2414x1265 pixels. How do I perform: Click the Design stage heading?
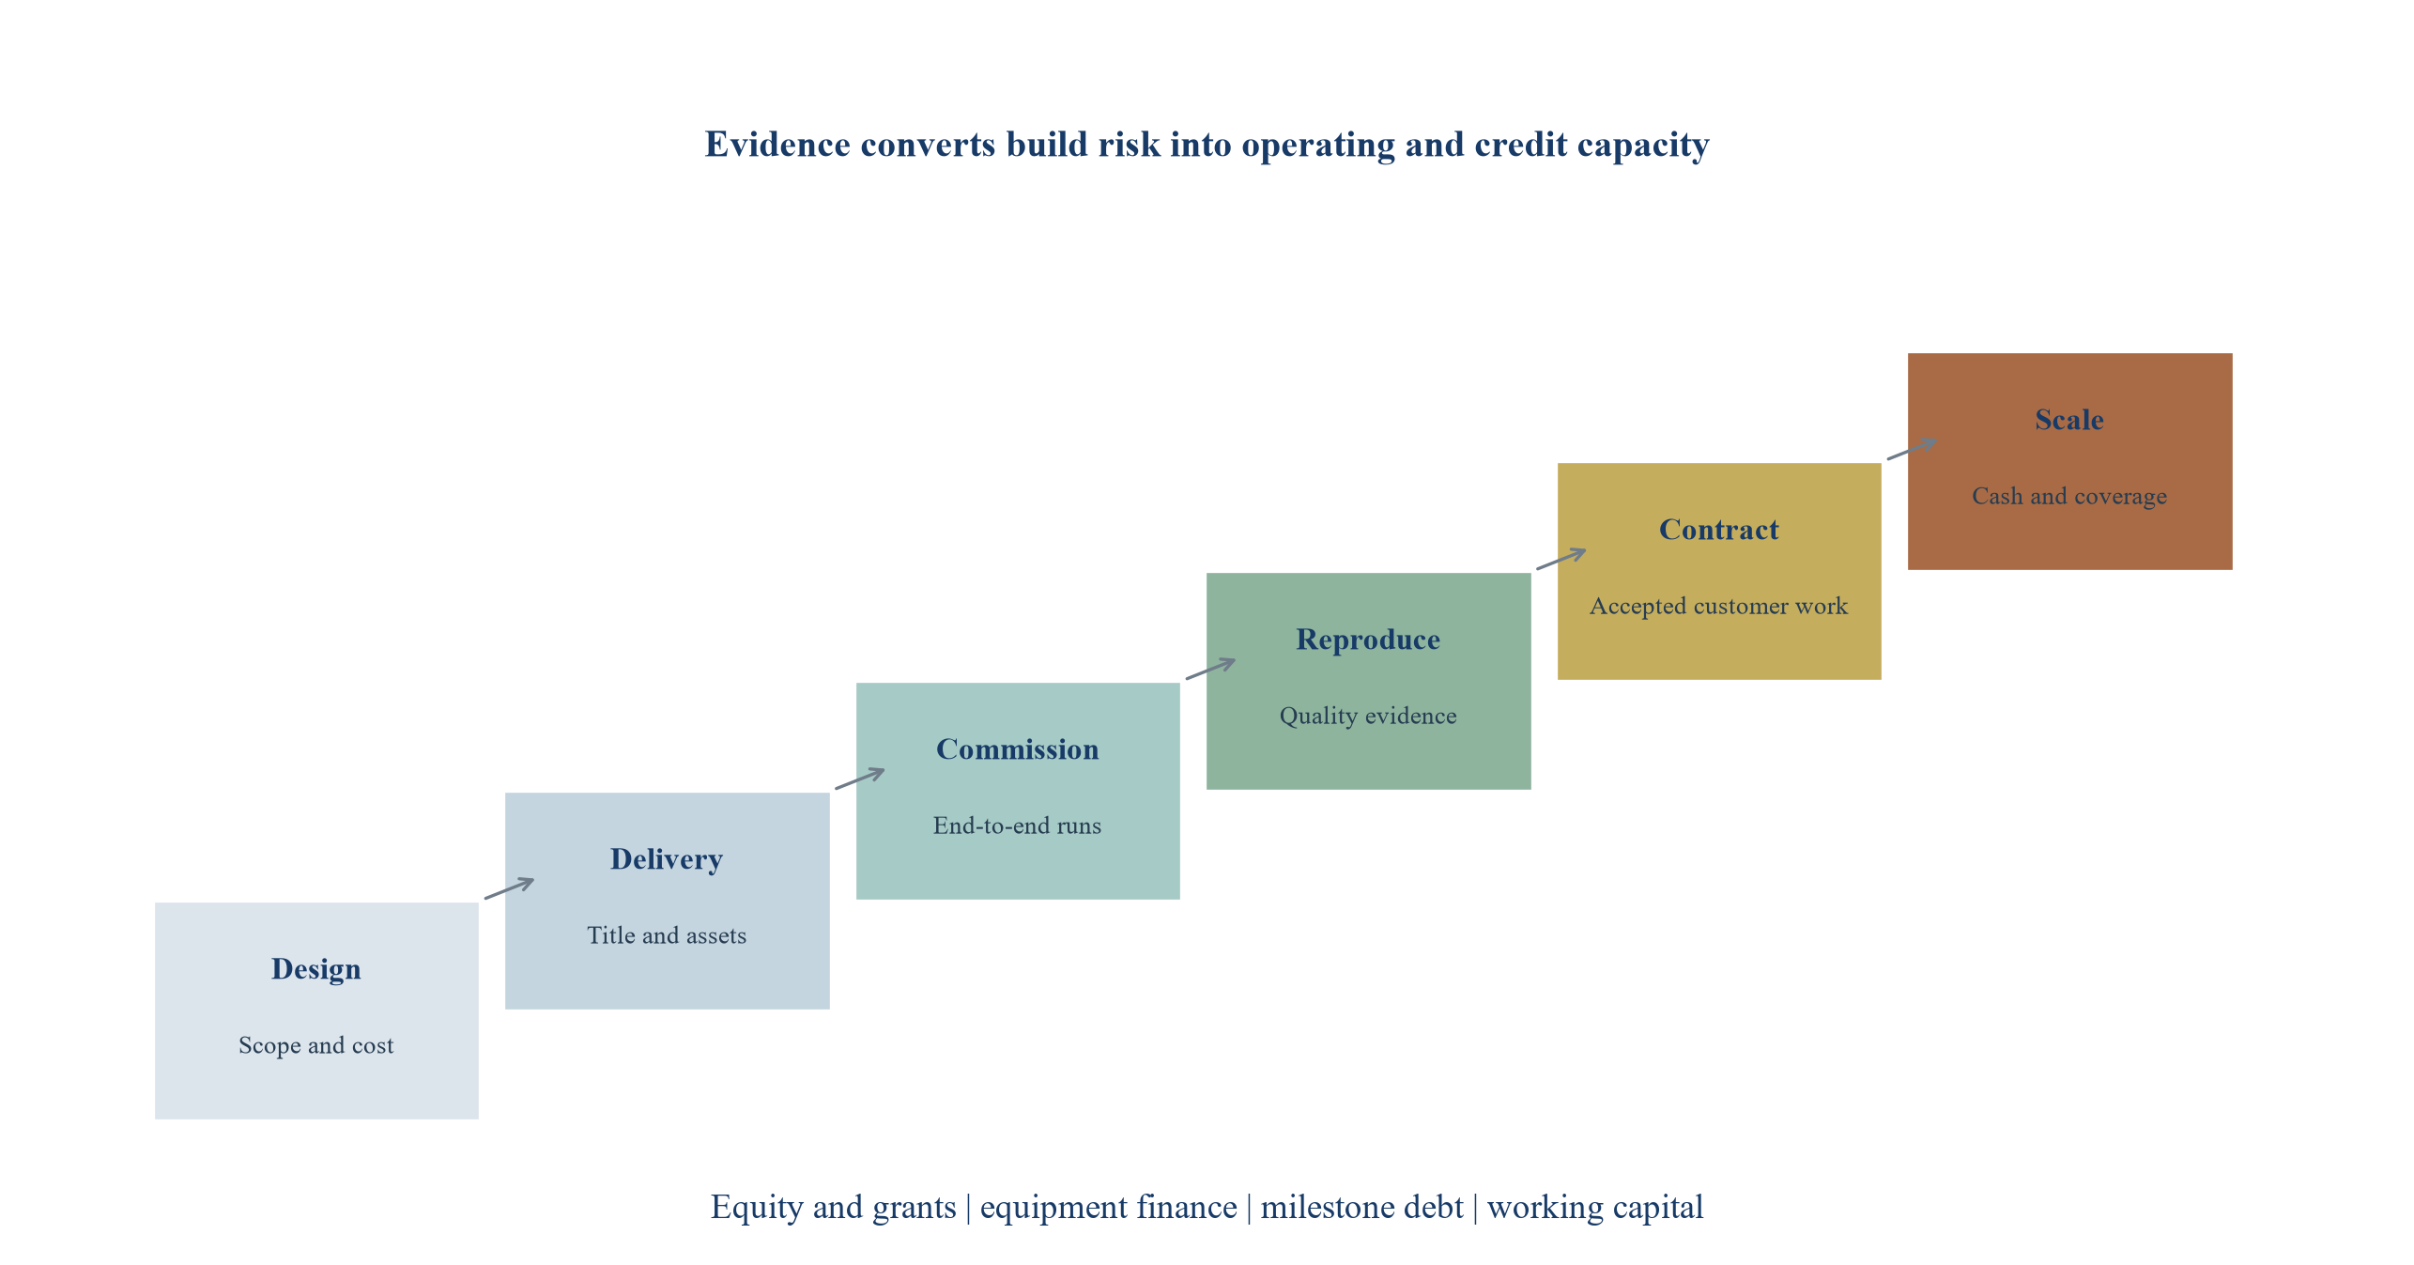point(316,969)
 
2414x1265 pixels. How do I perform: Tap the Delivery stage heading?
point(667,859)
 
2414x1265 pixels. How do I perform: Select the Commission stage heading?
point(1018,749)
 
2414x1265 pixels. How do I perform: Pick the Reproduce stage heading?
point(1368,640)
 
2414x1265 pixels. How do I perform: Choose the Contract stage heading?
point(1719,530)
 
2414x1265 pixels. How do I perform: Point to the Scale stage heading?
point(2069,420)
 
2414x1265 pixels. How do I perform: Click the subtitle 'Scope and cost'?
point(316,1045)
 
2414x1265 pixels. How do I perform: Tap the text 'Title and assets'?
point(667,935)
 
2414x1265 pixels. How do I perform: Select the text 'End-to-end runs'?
point(1018,825)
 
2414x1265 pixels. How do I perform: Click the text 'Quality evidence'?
point(1368,716)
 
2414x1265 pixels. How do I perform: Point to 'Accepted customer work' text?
point(1719,606)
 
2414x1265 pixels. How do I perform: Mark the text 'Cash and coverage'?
point(2069,496)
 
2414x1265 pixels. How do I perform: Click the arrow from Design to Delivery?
point(509,888)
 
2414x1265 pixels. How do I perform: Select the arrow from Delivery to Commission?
point(860,779)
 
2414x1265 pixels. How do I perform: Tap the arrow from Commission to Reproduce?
point(1210,669)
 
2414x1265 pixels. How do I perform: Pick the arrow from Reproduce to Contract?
point(1561,559)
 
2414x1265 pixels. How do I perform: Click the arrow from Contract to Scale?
point(1912,449)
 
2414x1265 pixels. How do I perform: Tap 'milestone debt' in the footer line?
point(1361,1207)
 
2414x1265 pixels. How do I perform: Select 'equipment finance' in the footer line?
point(1108,1207)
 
